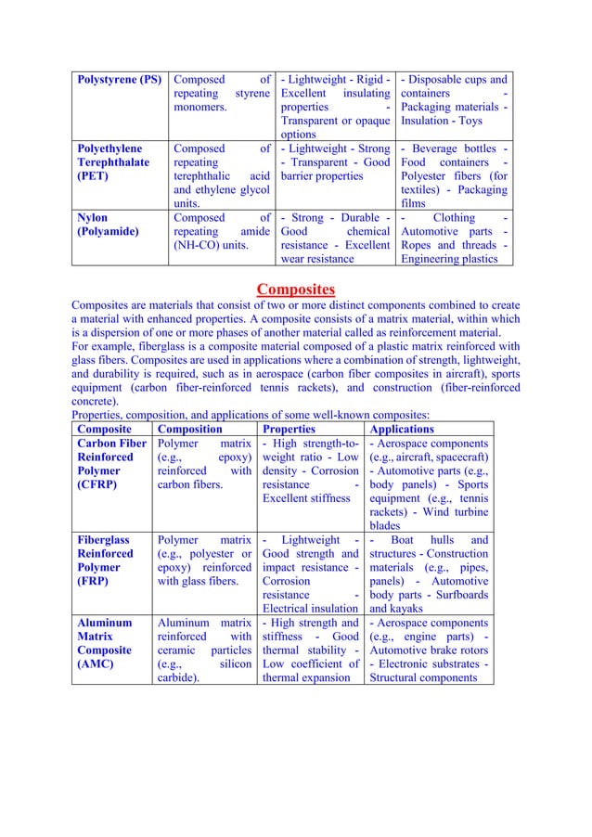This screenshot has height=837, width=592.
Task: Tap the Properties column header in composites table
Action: (289, 430)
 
